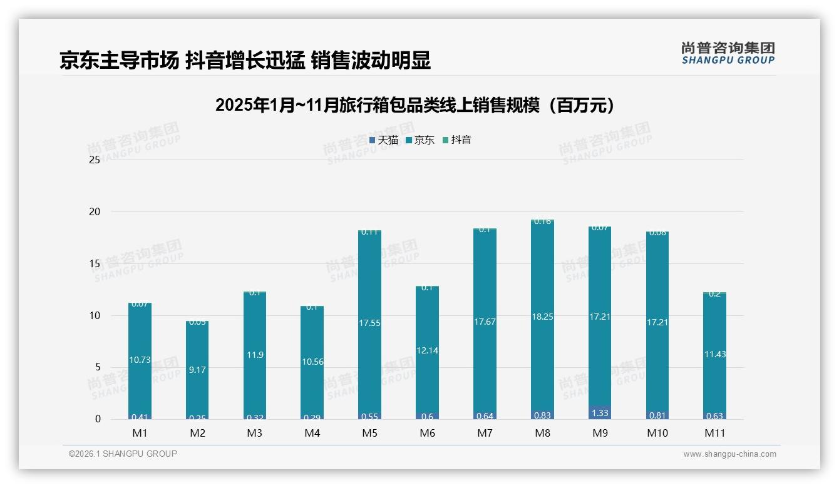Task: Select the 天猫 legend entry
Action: (x=384, y=140)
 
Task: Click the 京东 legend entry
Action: (x=420, y=140)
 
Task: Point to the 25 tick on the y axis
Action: (x=95, y=160)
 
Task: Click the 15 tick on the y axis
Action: (x=95, y=264)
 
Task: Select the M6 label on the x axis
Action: (x=427, y=433)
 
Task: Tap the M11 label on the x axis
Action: (x=714, y=433)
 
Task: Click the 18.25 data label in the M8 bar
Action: (x=542, y=317)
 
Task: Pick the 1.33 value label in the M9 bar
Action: (x=600, y=413)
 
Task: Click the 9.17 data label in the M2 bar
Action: (x=197, y=370)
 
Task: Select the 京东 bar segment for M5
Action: (x=369, y=282)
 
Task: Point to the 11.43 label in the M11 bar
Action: (x=714, y=354)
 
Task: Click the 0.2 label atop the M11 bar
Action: (x=714, y=294)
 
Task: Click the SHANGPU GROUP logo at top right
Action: (x=728, y=53)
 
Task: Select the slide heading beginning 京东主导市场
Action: (x=245, y=61)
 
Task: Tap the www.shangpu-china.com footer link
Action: (x=729, y=454)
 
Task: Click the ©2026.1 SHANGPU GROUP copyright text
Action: (x=123, y=454)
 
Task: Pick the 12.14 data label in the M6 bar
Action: (x=427, y=350)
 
